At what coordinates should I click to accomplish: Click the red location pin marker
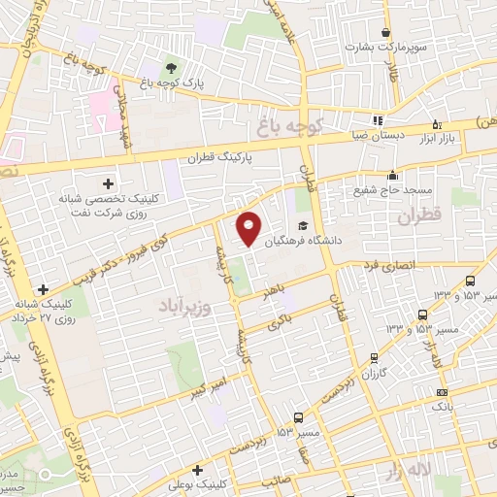coord(249,227)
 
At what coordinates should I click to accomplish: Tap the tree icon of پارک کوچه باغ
coord(171,68)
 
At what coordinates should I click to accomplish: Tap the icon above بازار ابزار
coord(435,123)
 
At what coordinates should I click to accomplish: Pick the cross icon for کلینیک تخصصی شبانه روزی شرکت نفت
coord(108,182)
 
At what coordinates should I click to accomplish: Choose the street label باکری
coord(281,320)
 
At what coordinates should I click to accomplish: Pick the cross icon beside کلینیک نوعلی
coord(197,469)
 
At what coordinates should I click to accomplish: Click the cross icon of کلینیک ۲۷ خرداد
coord(42,288)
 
